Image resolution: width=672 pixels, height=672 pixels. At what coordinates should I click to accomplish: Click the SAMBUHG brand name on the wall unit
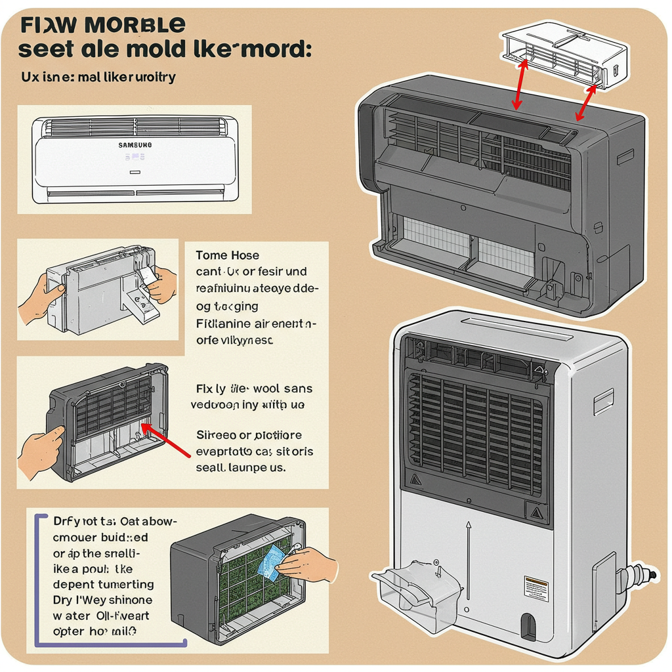click(135, 144)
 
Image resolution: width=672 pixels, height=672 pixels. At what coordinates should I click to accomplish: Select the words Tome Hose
click(227, 255)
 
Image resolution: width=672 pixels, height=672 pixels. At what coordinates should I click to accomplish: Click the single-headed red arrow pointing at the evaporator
click(167, 439)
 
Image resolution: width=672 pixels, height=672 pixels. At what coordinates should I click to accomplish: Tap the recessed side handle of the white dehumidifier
click(603, 398)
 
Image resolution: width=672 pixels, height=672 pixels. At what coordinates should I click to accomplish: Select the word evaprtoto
click(225, 451)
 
